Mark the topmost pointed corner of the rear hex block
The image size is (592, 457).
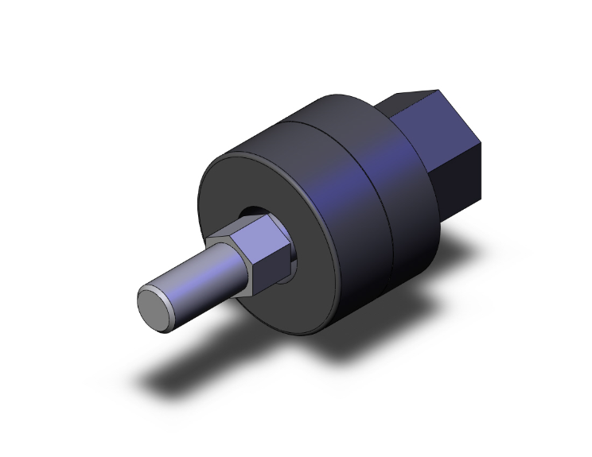pyautogui.click(x=436, y=89)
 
